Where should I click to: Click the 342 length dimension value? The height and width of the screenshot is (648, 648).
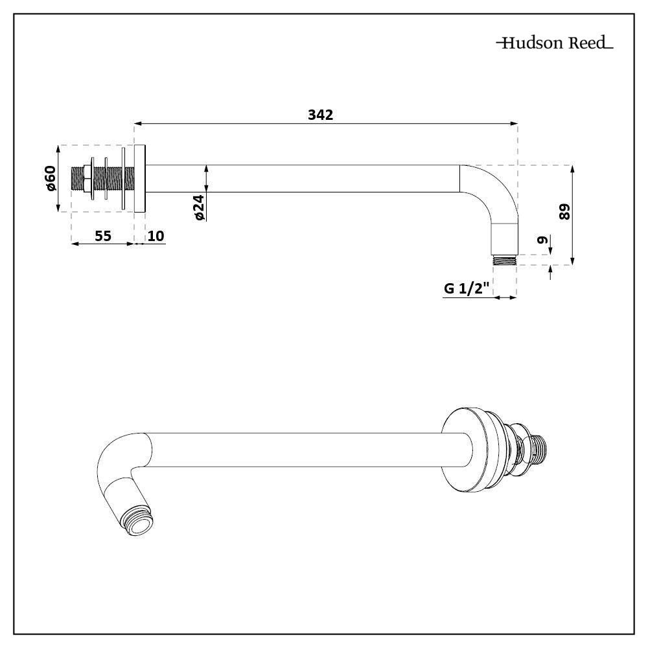(320, 115)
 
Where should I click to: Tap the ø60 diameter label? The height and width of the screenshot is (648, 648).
(51, 178)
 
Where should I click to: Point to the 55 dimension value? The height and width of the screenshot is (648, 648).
(103, 235)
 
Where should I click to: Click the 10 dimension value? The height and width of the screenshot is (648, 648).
(156, 235)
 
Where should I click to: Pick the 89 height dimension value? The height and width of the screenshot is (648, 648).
(564, 212)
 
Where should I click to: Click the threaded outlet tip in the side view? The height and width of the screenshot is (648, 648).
(504, 261)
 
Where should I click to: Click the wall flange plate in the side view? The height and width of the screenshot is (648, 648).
(140, 178)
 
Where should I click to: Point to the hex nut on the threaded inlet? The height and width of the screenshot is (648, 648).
(84, 178)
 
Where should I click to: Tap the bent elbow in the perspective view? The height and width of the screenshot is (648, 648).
(120, 467)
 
